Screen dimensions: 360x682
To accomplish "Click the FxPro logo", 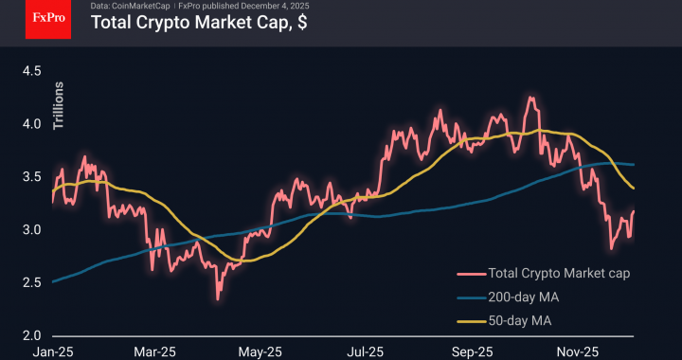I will [48, 19].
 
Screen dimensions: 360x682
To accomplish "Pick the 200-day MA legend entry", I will [520, 297].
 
